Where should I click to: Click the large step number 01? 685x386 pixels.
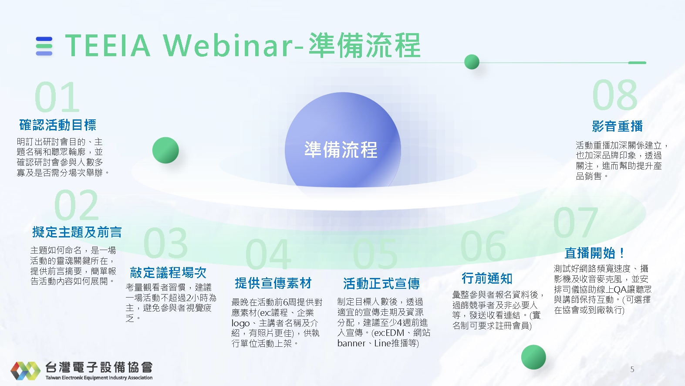click(x=57, y=97)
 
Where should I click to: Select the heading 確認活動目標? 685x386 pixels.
click(x=58, y=125)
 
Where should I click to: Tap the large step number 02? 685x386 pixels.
click(x=77, y=205)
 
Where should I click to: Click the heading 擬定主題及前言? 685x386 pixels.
click(x=77, y=232)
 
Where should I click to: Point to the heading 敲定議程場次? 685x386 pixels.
click(x=168, y=273)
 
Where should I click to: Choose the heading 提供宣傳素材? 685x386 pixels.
click(x=273, y=283)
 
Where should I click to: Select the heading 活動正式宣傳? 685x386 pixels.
click(x=381, y=284)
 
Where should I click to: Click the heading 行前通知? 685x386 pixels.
click(x=487, y=278)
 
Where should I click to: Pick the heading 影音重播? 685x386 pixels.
click(x=617, y=126)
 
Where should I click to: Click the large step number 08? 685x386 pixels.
click(x=615, y=95)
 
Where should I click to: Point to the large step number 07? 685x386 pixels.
click(x=576, y=222)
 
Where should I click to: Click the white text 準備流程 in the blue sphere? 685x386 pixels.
click(x=341, y=149)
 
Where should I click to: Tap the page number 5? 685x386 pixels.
click(x=632, y=369)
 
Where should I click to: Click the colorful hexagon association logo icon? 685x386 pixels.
click(x=25, y=371)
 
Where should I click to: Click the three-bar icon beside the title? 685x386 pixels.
click(x=44, y=46)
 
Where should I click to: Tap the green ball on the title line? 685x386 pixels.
click(x=472, y=62)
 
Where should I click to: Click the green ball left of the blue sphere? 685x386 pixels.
click(x=165, y=150)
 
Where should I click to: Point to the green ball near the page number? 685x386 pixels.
click(x=533, y=357)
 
